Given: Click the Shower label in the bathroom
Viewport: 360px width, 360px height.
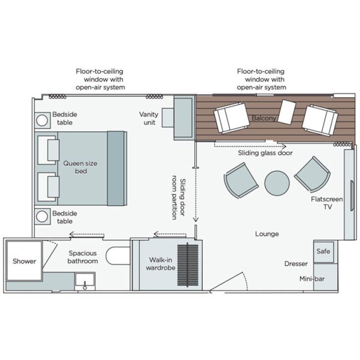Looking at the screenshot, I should (24, 261).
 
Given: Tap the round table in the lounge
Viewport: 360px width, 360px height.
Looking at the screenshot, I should (277, 182).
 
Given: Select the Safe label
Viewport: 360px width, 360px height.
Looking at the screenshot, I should (323, 251).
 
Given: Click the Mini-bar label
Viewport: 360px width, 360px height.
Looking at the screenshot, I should (312, 279).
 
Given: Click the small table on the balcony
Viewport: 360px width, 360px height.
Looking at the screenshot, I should (287, 112).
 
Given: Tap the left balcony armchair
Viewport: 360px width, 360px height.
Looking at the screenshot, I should (231, 118).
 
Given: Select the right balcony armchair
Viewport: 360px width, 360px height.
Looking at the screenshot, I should (320, 120).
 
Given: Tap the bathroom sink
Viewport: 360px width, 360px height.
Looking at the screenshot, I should (84, 282).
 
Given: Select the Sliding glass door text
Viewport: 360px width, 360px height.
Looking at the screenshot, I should (265, 153).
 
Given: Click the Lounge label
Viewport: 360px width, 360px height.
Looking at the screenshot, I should (267, 234).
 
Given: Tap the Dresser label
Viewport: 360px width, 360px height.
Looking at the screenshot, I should (296, 264).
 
